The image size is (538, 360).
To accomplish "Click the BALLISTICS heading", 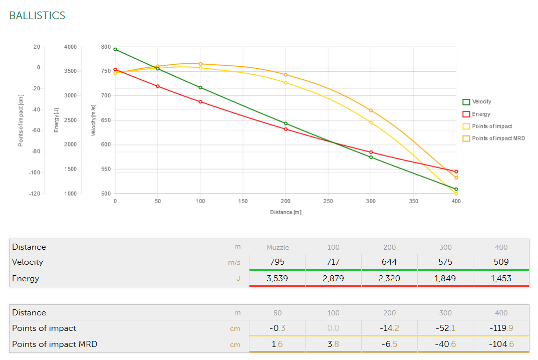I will point(37,16).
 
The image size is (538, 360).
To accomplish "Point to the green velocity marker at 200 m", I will point(286,123).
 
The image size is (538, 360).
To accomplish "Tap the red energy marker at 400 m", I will point(456,171).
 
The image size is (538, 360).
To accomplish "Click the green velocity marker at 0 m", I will point(115,49).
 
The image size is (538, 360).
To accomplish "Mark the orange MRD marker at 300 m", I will point(371,110).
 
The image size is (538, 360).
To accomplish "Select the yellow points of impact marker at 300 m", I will point(371,122).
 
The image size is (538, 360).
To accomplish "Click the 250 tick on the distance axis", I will point(328,201).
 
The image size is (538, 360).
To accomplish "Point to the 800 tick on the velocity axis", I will point(106,47).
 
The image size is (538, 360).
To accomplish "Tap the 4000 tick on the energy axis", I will point(71,47).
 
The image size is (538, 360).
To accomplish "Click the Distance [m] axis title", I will point(286,212).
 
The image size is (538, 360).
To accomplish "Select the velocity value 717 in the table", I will point(333,262).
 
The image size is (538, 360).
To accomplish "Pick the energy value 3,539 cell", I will point(277,278).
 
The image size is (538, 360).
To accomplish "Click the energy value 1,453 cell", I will point(501,278).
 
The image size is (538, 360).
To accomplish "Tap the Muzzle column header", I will point(277,247).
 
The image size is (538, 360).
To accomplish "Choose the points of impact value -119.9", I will point(501,328).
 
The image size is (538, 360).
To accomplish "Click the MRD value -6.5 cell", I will point(389,344).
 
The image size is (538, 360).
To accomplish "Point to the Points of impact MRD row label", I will point(55,344).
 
